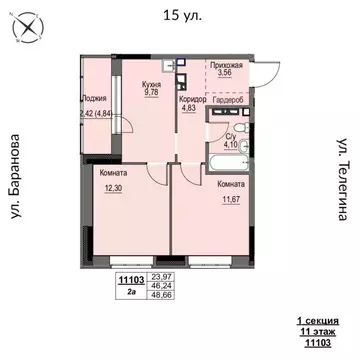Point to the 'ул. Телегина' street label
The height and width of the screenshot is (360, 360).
(341, 181)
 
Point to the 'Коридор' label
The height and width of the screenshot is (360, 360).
(193, 99)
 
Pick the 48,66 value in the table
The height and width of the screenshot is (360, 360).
(160, 296)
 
